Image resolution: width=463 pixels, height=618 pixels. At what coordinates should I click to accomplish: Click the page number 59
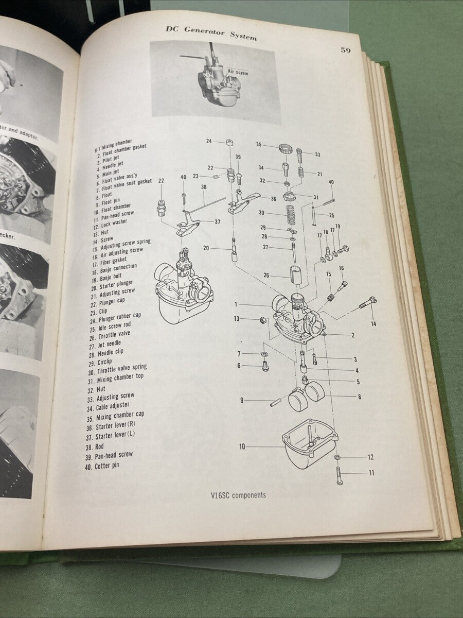coord(345,50)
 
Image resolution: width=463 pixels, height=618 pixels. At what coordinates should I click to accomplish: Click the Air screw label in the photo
coord(238,73)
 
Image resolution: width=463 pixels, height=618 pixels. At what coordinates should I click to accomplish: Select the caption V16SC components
coord(235,495)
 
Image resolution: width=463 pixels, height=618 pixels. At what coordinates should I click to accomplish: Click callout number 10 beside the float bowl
coord(242,446)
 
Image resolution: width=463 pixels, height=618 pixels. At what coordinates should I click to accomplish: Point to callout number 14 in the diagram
coord(373,324)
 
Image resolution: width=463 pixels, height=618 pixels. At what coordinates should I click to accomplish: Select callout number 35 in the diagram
coord(259,145)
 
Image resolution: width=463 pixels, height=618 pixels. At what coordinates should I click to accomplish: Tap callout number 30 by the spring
coord(261,212)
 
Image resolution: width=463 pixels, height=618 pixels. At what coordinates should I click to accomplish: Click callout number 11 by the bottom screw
coord(371,473)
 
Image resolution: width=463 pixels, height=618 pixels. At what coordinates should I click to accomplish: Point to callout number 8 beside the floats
coord(360,397)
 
